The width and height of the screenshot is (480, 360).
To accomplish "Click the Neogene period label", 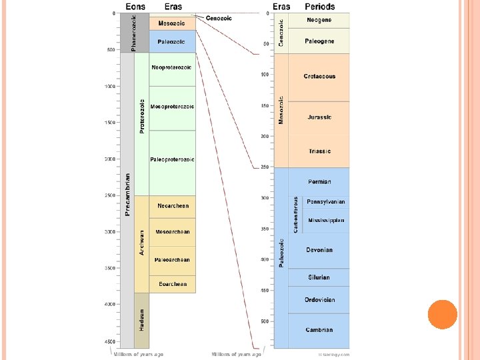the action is click(x=319, y=20).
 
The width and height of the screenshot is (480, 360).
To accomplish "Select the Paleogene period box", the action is click(x=319, y=41).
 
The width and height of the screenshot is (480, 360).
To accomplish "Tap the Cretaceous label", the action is click(x=319, y=77).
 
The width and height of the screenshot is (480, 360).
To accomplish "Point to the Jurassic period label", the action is click(x=319, y=117).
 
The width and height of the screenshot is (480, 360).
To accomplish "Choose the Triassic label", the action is click(x=319, y=151).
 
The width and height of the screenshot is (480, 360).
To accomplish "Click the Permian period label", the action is click(x=319, y=181).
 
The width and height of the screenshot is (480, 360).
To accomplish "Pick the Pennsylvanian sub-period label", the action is click(x=326, y=201).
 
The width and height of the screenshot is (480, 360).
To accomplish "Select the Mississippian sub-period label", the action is click(x=326, y=220).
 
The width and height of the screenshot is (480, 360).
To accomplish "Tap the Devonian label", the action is click(x=319, y=250).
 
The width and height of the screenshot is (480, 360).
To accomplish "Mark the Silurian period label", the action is click(x=319, y=277).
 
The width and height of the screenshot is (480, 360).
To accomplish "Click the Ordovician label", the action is click(x=319, y=299).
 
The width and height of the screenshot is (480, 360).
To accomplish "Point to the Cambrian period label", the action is click(x=319, y=329).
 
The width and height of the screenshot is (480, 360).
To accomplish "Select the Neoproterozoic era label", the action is click(x=172, y=67).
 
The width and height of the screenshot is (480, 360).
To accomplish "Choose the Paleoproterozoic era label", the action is click(x=172, y=159).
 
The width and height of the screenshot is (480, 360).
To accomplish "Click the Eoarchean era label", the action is click(x=173, y=284).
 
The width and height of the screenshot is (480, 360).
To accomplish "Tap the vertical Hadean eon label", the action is click(x=141, y=321).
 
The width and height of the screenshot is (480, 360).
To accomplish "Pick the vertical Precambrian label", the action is click(x=127, y=195).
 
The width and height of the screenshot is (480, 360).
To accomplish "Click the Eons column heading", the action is click(x=136, y=7).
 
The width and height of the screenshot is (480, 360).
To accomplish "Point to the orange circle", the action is click(x=442, y=315).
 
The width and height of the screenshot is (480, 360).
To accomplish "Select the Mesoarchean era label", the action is click(x=173, y=232).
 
